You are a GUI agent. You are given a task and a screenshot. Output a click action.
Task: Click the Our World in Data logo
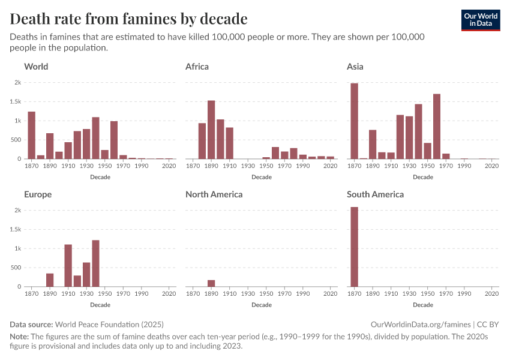(x=480, y=20)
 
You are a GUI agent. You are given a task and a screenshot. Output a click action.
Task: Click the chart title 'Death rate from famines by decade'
(x=128, y=19)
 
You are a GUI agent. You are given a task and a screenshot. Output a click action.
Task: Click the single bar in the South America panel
(x=355, y=247)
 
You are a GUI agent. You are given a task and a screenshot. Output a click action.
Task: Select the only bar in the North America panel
(x=211, y=283)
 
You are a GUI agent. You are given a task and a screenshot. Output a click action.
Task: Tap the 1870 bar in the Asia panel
(x=355, y=121)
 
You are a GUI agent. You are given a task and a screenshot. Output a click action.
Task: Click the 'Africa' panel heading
(x=197, y=67)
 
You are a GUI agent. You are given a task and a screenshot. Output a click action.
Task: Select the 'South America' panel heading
(x=375, y=194)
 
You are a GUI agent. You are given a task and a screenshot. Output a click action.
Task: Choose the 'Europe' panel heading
(x=38, y=194)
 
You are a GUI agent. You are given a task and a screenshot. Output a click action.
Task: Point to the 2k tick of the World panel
(x=18, y=83)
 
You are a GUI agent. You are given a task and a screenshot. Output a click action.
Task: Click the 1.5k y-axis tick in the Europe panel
(x=16, y=230)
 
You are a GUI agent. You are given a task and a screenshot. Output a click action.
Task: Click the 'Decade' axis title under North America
(x=262, y=305)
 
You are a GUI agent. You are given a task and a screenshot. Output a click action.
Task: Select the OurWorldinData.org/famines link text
(x=422, y=325)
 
